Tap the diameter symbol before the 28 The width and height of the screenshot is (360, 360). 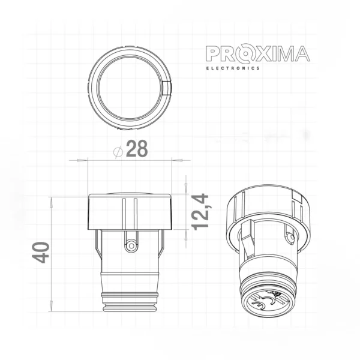[118, 150]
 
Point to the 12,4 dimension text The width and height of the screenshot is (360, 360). [200, 211]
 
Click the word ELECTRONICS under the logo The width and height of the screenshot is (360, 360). [233, 68]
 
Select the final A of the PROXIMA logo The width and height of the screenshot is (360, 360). [301, 54]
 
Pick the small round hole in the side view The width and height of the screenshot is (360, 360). [131, 245]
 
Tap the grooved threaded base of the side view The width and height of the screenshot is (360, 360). [131, 300]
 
